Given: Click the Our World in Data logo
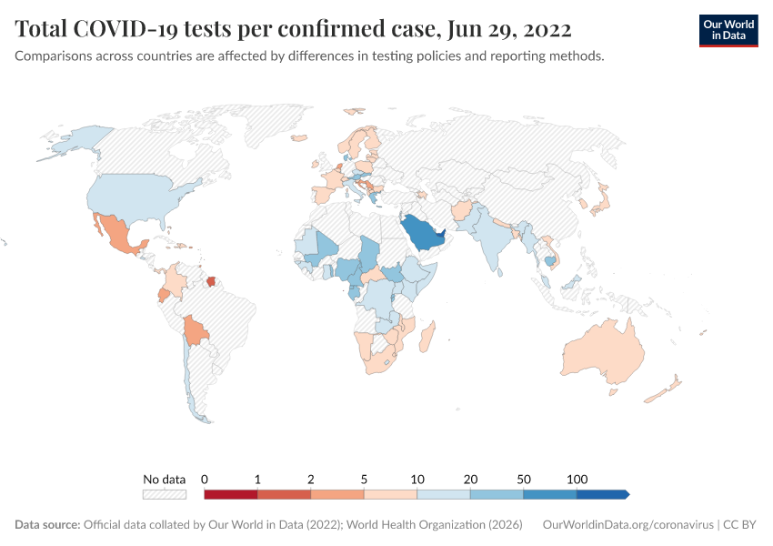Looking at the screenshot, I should (728, 29).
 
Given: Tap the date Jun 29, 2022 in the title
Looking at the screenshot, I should (509, 29).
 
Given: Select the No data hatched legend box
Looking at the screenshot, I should (164, 495).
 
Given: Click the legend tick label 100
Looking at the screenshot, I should (577, 479).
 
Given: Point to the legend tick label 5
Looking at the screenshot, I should (364, 479).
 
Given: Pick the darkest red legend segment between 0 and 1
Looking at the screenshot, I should (231, 495).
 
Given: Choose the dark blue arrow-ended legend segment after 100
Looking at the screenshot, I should (601, 495).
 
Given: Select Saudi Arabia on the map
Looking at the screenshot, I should (423, 236).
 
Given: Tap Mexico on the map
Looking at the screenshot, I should (117, 236).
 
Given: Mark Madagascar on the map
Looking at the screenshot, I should (427, 338).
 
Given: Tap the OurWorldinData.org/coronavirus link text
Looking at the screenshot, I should (627, 525).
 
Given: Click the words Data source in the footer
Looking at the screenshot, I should (47, 525).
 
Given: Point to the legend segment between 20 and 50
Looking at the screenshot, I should (497, 495).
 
